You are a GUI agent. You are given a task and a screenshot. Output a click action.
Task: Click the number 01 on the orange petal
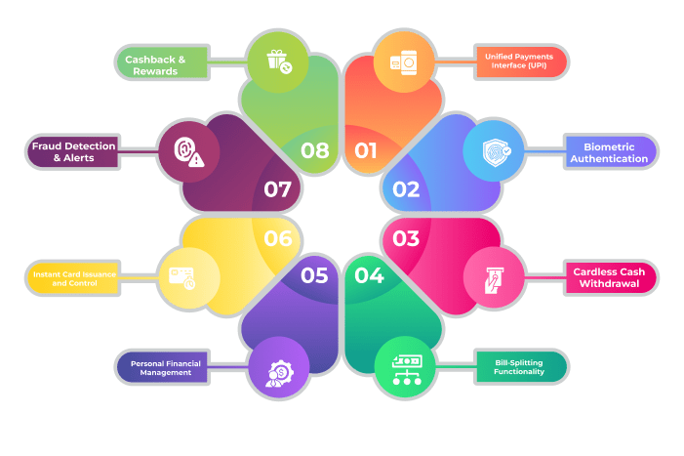click(x=366, y=150)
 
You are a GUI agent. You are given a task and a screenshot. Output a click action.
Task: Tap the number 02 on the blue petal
click(x=406, y=189)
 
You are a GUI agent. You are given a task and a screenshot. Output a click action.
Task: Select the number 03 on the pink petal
click(x=406, y=237)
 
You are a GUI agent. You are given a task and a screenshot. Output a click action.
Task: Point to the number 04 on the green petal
click(x=369, y=275)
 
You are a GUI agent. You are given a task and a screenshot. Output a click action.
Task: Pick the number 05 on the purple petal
click(x=314, y=275)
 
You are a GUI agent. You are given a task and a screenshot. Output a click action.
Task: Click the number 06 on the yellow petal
click(x=278, y=237)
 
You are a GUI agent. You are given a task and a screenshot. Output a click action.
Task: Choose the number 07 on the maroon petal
click(x=278, y=189)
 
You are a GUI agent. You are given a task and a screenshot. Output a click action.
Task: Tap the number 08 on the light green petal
click(x=314, y=150)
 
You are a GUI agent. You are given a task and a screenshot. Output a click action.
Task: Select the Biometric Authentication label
click(x=609, y=152)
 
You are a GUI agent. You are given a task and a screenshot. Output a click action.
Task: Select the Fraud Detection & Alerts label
click(x=73, y=151)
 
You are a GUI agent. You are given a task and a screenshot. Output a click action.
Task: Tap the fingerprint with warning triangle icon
click(x=186, y=151)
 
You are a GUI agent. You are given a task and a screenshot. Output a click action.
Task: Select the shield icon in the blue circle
click(x=499, y=151)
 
